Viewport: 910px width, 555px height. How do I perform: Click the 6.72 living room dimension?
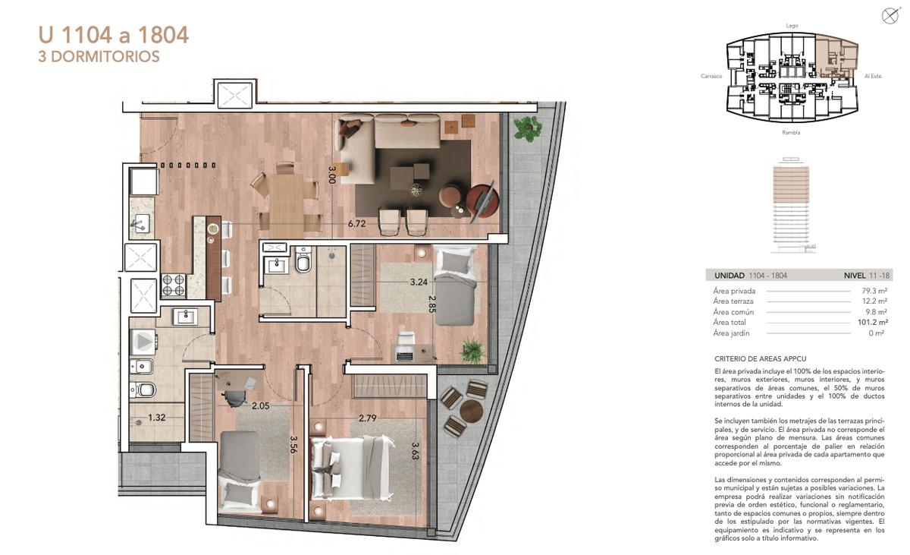[356, 223]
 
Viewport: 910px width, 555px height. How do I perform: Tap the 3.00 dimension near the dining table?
[332, 175]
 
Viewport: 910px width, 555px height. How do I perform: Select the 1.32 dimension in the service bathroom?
[157, 418]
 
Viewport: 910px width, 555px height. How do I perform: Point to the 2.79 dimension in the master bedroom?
[367, 418]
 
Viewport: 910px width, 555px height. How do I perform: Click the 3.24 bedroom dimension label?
[419, 282]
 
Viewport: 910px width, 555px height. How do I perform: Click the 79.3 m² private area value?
[874, 291]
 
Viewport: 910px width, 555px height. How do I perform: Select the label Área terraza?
[733, 301]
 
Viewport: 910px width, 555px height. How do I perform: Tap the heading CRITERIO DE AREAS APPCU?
[761, 358]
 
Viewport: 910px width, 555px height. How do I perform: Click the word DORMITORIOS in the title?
[105, 56]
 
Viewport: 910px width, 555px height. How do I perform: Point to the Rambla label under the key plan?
[791, 133]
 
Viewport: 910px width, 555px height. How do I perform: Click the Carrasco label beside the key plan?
[711, 76]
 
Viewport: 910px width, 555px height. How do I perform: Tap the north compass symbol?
[890, 16]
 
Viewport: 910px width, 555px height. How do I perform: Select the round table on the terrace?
[471, 412]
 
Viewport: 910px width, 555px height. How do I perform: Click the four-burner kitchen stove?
[174, 285]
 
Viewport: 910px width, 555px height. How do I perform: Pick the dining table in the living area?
[287, 207]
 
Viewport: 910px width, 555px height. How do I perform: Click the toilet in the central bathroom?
[303, 259]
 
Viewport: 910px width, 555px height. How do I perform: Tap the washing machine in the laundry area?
[143, 342]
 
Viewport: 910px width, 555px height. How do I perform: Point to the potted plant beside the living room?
[528, 128]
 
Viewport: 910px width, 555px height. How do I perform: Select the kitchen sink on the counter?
[140, 223]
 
